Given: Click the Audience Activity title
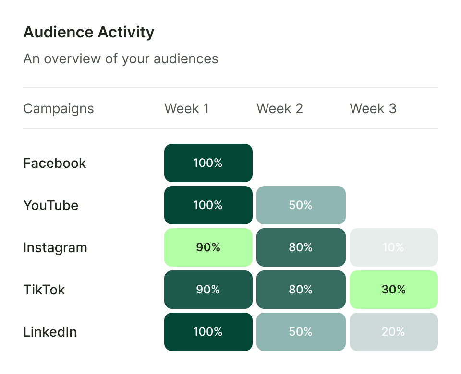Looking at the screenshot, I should (x=89, y=33).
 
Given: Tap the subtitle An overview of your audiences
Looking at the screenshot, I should (x=121, y=59).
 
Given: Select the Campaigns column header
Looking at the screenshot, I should (x=59, y=108).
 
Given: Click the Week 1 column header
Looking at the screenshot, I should (x=186, y=108).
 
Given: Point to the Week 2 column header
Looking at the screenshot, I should (x=279, y=108).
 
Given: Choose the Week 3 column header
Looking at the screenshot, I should (x=373, y=108).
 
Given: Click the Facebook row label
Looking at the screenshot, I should (x=55, y=163).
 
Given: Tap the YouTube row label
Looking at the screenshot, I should (x=51, y=205).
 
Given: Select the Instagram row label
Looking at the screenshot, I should (x=55, y=247).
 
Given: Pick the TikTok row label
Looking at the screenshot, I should (x=44, y=290).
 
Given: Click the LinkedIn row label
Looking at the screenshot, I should (x=50, y=332).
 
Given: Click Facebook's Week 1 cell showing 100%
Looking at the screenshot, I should (x=208, y=163).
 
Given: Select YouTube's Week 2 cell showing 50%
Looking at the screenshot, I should (x=301, y=205).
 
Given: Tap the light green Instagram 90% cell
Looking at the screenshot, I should (x=208, y=247).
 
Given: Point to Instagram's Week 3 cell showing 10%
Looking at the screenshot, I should (x=393, y=247).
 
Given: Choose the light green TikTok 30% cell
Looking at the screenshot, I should (x=393, y=290).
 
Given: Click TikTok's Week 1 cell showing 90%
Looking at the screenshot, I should (x=208, y=290).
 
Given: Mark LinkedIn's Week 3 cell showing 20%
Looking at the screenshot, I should (x=393, y=332).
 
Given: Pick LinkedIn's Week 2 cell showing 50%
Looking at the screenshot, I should (x=301, y=332).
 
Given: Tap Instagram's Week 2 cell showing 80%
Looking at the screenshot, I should (x=301, y=247).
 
